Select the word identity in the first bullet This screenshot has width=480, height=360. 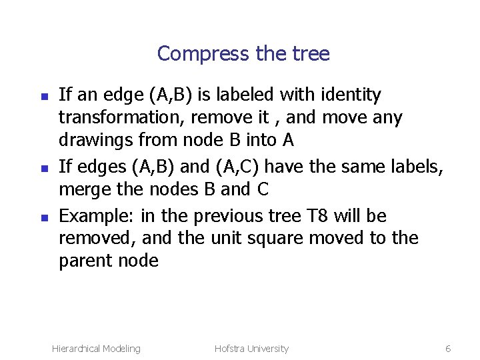pos(346,95)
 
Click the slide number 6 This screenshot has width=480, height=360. pos(448,349)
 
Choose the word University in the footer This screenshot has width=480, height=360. pos(269,349)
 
